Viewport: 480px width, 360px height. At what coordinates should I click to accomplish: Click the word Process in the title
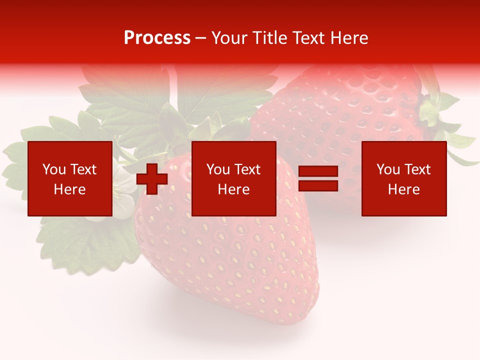(157, 38)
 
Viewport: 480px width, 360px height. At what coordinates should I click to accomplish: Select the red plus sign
(152, 179)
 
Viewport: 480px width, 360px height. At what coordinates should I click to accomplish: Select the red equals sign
(318, 179)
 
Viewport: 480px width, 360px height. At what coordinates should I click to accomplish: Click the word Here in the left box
(69, 189)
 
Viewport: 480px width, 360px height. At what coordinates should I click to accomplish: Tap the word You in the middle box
(218, 169)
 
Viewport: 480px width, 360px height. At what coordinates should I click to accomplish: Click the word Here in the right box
(403, 189)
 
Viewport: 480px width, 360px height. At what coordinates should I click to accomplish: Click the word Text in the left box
(83, 169)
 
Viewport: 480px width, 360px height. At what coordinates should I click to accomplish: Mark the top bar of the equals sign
(318, 171)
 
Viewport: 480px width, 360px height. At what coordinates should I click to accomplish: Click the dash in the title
(200, 38)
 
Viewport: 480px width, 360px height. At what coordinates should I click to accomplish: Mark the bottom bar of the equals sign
(318, 186)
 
